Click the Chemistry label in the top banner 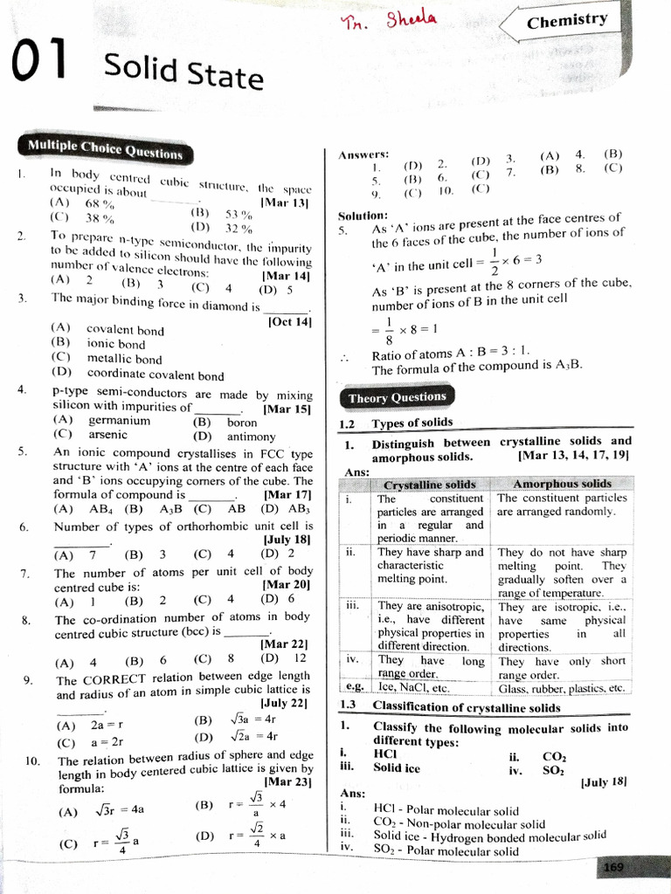click(x=567, y=20)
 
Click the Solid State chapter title click(x=183, y=70)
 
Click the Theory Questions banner click(x=397, y=398)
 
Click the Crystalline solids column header click(x=430, y=485)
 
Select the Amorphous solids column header click(x=562, y=484)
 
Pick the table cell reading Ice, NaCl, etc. click(x=412, y=687)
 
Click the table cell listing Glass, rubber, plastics click(x=561, y=688)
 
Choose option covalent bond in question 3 click(x=125, y=330)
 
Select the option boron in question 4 click(x=242, y=422)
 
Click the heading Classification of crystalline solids click(x=467, y=707)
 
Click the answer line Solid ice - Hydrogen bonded click(x=489, y=836)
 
